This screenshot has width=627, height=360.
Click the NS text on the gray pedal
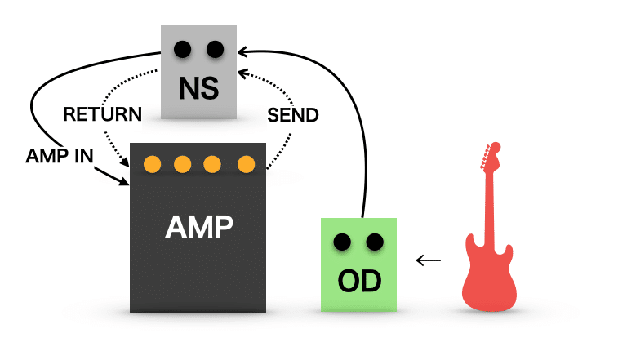click(198, 88)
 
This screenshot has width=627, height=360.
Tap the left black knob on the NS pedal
click(182, 50)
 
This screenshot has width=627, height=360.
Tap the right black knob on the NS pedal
click(216, 50)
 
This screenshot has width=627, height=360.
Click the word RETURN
click(102, 114)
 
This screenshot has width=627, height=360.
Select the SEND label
click(293, 115)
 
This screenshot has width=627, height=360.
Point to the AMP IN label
click(60, 156)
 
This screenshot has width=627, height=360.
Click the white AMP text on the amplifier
click(198, 227)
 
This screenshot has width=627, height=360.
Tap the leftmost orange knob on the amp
click(153, 164)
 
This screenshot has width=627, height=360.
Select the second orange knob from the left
click(182, 164)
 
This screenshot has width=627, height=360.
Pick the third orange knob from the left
click(212, 164)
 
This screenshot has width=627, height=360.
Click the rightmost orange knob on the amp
click(246, 164)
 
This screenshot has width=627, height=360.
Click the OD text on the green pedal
click(359, 281)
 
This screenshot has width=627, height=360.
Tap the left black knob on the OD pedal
click(342, 242)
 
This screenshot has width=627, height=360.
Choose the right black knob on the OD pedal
click(375, 242)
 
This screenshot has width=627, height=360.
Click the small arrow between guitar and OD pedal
click(429, 260)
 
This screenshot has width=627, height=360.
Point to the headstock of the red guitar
click(491, 157)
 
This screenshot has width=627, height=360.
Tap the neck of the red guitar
click(489, 208)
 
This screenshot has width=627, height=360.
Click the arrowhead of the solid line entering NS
click(242, 51)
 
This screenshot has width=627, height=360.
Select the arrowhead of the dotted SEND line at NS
click(242, 73)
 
